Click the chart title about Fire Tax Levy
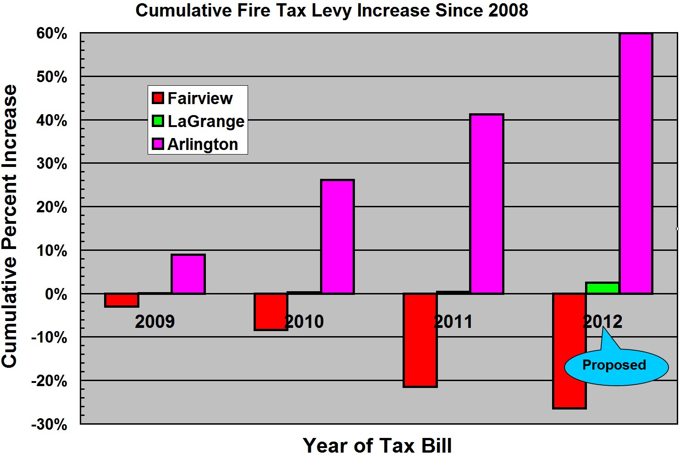tap(332, 10)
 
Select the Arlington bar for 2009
tap(188, 274)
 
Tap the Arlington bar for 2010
tap(337, 237)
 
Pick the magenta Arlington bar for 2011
tap(487, 204)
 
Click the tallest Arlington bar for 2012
tap(636, 163)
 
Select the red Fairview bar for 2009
tap(122, 300)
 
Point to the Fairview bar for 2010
tap(271, 311)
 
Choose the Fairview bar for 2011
tap(420, 340)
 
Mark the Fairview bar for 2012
tap(569, 351)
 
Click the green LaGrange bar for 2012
tap(603, 288)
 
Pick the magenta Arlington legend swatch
tap(158, 144)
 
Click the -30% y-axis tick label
tap(49, 424)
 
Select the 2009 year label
tap(155, 321)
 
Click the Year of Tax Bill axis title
tap(377, 445)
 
